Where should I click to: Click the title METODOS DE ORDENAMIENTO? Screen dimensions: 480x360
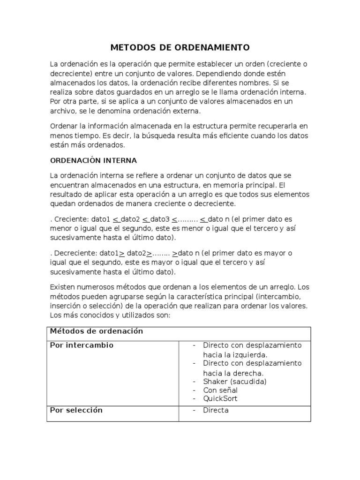point(180,48)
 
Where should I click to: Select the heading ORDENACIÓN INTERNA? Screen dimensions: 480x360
point(93,160)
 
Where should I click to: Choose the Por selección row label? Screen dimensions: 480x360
point(76,410)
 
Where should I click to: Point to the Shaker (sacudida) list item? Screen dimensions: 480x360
point(235,382)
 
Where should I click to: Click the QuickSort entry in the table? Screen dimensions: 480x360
point(220,399)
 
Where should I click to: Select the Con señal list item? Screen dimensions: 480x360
point(220,390)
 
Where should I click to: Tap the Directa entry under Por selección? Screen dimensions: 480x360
point(216,411)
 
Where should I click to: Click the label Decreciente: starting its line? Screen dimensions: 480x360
point(72,253)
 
